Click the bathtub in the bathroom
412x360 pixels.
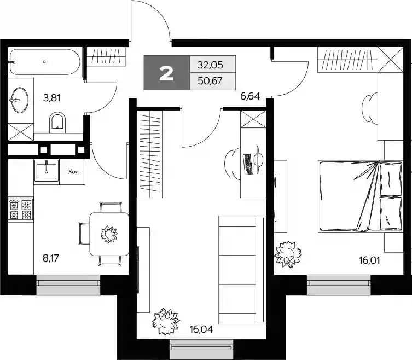pyautogui.click(x=44, y=62)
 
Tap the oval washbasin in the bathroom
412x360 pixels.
pyautogui.click(x=20, y=100)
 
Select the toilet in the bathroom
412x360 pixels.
pyautogui.click(x=57, y=123)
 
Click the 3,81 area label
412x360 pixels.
pyautogui.click(x=52, y=98)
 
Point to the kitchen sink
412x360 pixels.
pyautogui.click(x=47, y=170)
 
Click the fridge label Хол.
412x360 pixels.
pyautogui.click(x=73, y=172)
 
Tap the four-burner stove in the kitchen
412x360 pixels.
pyautogui.click(x=21, y=209)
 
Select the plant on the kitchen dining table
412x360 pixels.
pyautogui.click(x=109, y=234)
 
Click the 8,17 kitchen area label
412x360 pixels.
pyautogui.click(x=51, y=258)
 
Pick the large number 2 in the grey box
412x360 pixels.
pyautogui.click(x=166, y=73)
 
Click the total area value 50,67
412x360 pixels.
pyautogui.click(x=210, y=81)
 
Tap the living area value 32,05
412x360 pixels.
pyautogui.click(x=210, y=65)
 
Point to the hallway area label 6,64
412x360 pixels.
pyautogui.click(x=250, y=96)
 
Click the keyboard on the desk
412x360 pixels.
pyautogui.click(x=248, y=165)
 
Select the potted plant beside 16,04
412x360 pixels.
pyautogui.click(x=166, y=321)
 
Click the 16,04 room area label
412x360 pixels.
pyautogui.click(x=201, y=329)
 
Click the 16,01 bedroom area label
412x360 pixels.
pyautogui.click(x=370, y=260)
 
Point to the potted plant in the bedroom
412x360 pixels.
pyautogui.click(x=287, y=254)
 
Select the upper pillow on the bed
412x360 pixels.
pyautogui.click(x=391, y=179)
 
